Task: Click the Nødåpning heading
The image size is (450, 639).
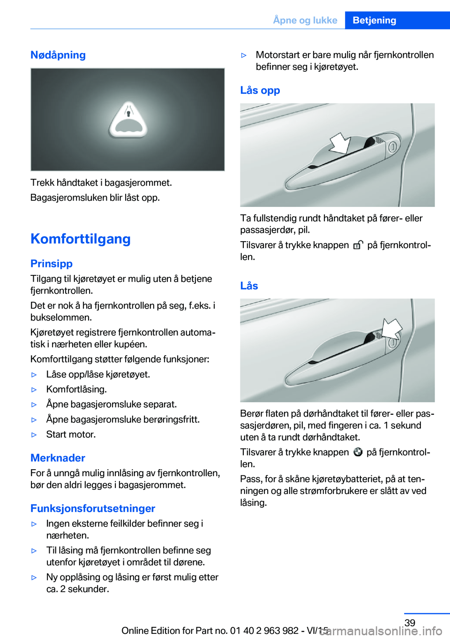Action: pyautogui.click(x=58, y=55)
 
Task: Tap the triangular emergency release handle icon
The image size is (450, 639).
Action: pyautogui.click(x=128, y=120)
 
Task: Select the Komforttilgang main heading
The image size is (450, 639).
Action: pyautogui.click(x=81, y=239)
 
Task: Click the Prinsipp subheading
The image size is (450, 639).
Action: pyautogui.click(x=52, y=264)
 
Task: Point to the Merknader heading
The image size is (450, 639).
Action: pyautogui.click(x=58, y=458)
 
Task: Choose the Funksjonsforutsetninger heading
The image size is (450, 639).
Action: pyautogui.click(x=93, y=509)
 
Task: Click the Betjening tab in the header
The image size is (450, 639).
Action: pyautogui.click(x=374, y=20)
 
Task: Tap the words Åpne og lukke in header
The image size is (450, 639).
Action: pyautogui.click(x=305, y=20)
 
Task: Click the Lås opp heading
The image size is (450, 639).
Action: pyautogui.click(x=260, y=90)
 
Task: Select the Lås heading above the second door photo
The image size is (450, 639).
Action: pyautogui.click(x=249, y=286)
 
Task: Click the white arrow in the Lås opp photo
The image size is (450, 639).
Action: pyautogui.click(x=340, y=143)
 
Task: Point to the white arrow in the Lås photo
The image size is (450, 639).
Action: pyautogui.click(x=392, y=328)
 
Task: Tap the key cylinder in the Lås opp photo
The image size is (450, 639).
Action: pyautogui.click(x=392, y=147)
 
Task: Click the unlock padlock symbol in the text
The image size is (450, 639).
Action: pyautogui.click(x=358, y=245)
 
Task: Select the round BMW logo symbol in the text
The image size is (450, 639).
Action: pyautogui.click(x=358, y=452)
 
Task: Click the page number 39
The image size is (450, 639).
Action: pyautogui.click(x=410, y=623)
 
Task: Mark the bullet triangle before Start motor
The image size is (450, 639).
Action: pyautogui.click(x=34, y=435)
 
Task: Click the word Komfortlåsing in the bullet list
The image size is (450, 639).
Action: pyautogui.click(x=76, y=389)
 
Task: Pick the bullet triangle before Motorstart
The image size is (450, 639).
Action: pyautogui.click(x=244, y=55)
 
